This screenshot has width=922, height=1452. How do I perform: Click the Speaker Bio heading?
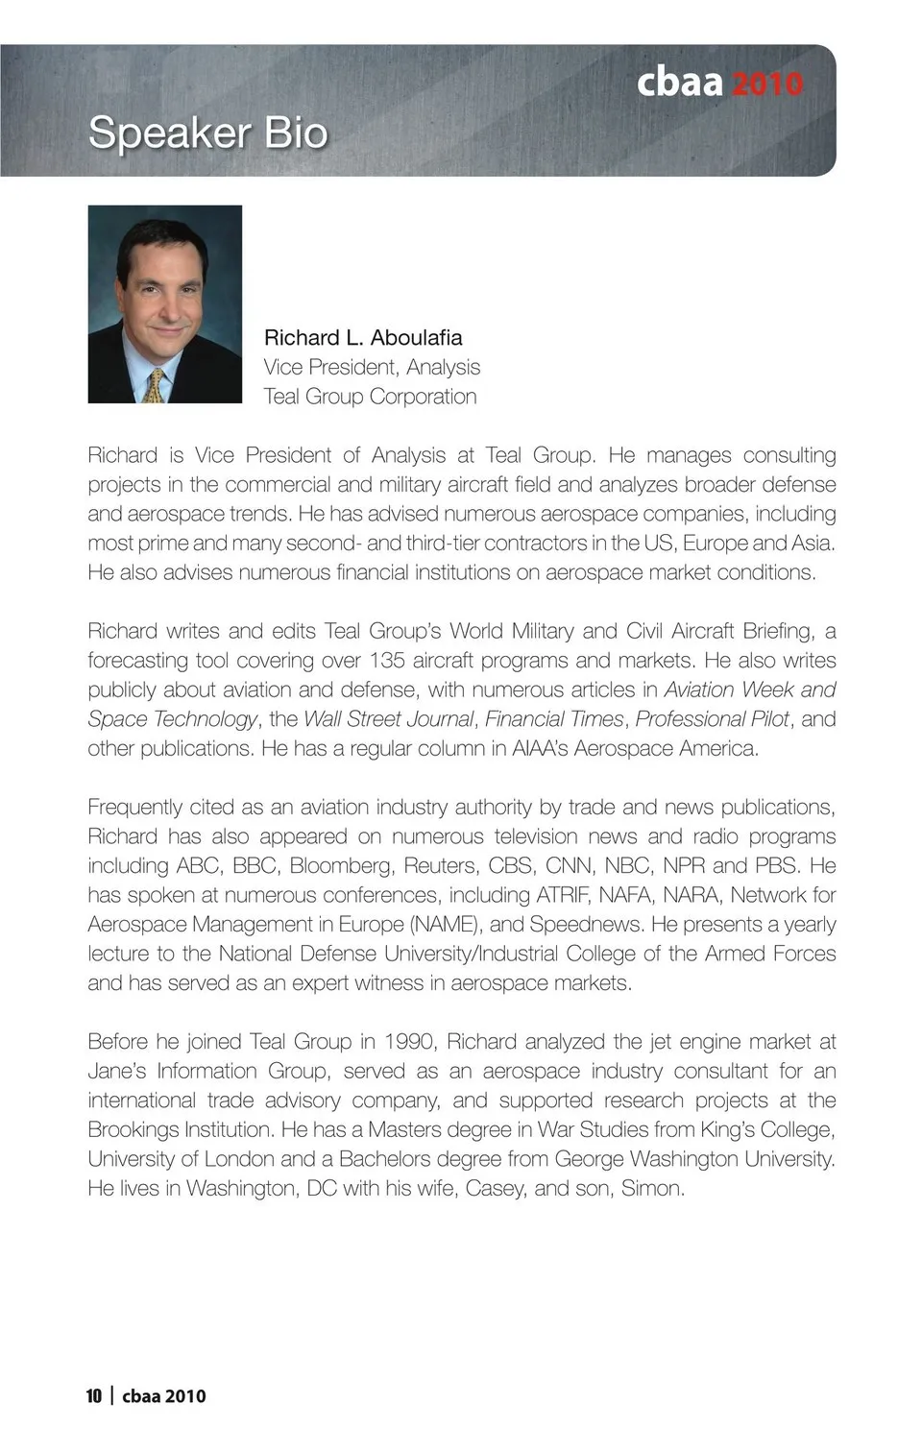coord(207,133)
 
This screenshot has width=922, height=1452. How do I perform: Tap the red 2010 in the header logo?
coord(766,84)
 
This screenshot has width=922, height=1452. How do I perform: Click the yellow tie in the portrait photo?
coord(155,386)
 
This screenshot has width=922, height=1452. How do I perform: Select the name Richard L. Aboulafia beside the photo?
coord(363,338)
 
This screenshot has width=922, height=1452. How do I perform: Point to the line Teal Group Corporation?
coord(370,397)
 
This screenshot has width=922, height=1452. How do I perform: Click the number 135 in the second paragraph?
coord(387,661)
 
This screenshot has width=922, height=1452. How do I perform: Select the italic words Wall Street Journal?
coord(388,719)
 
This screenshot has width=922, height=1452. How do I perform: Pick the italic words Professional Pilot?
coord(712,719)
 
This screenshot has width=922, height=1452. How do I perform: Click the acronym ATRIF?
coord(561,895)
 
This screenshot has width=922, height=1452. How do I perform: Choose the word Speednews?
coord(585,925)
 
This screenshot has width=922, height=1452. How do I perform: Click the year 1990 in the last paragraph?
coord(409,1042)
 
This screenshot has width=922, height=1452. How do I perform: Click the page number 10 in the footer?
coord(94,1396)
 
